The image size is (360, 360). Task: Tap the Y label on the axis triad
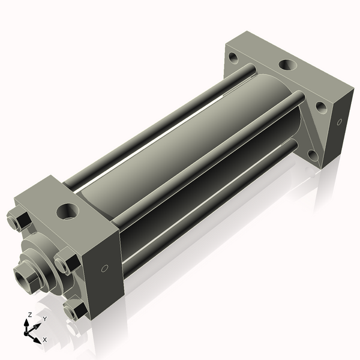click(x=44, y=319)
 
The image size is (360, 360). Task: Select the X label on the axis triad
click(x=44, y=339)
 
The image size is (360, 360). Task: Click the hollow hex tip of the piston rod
click(x=25, y=277)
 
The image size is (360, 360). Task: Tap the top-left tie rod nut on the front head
click(x=19, y=220)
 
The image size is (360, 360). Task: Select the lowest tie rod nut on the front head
click(x=75, y=310)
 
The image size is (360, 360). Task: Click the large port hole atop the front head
click(x=67, y=211)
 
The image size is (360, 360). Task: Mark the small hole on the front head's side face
click(x=105, y=268)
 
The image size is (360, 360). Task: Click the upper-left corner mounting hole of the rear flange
click(x=233, y=58)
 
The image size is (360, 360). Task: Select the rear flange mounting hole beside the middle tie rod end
click(x=321, y=107)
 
